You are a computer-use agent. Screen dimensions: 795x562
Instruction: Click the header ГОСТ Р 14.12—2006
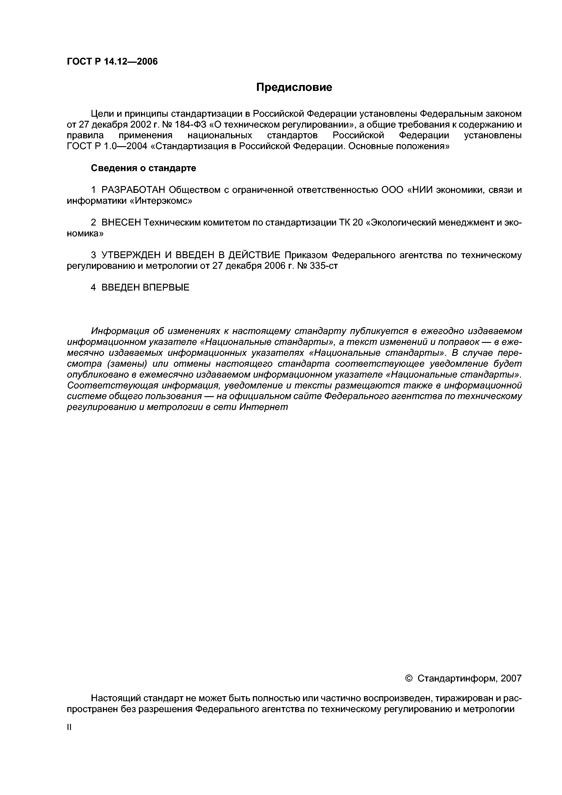pyautogui.click(x=112, y=62)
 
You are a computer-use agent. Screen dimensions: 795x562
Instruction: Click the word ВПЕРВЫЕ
pyautogui.click(x=166, y=287)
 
